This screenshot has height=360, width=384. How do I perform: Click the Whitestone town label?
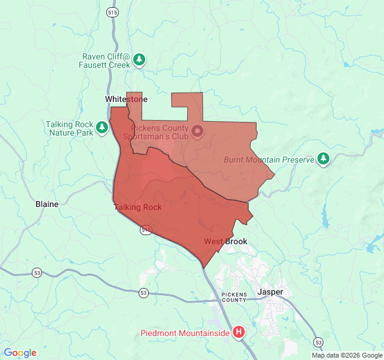126,99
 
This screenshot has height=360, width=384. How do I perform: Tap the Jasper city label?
270,292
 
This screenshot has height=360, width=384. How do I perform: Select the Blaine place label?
47,204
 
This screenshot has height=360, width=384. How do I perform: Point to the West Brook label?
225,242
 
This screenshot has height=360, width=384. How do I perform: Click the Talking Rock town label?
137,208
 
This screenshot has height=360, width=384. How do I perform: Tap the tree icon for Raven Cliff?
140,59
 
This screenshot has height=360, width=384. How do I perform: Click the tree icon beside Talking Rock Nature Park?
102,127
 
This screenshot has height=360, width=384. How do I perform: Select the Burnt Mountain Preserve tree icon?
324,158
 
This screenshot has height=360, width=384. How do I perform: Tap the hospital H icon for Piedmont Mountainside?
239,332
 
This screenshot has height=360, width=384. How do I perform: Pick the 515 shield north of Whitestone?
112,12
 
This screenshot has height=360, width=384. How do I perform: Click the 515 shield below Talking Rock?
146,230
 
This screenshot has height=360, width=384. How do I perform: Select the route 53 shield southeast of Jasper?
318,341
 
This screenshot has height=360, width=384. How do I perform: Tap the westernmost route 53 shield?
37,272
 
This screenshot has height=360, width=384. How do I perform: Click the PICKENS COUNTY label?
233,297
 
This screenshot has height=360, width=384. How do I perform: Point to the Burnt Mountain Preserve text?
269,160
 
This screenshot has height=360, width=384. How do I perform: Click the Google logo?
20,353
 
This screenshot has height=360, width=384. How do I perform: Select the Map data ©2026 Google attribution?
347,355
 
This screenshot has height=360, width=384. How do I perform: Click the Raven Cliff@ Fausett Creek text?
106,61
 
